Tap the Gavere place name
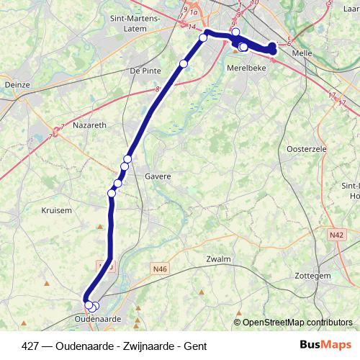(x=158, y=176)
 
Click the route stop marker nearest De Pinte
(x=184, y=64)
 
